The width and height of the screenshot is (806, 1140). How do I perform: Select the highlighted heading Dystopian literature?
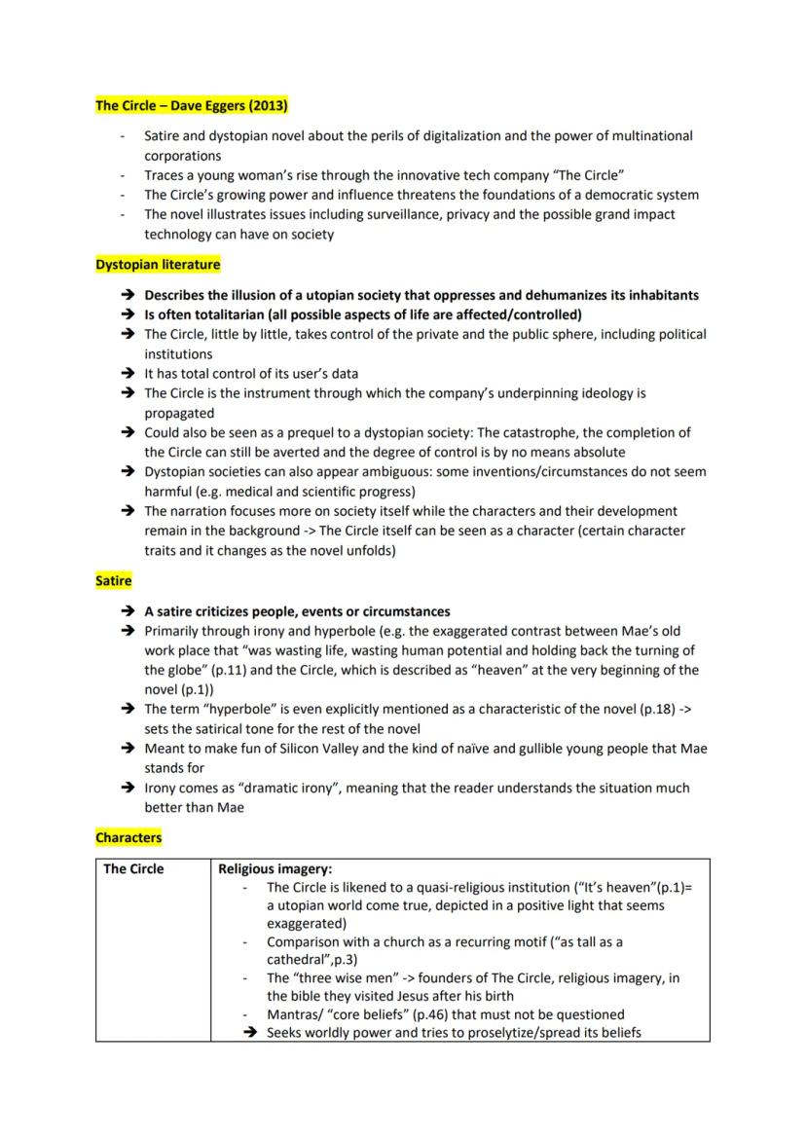point(158,264)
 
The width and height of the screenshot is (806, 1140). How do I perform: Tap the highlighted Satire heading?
point(114,580)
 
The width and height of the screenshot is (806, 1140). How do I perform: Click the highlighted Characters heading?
point(128,836)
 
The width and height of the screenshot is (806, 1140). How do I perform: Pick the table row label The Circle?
point(133,868)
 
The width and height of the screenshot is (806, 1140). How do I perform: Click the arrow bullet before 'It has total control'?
point(127,374)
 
